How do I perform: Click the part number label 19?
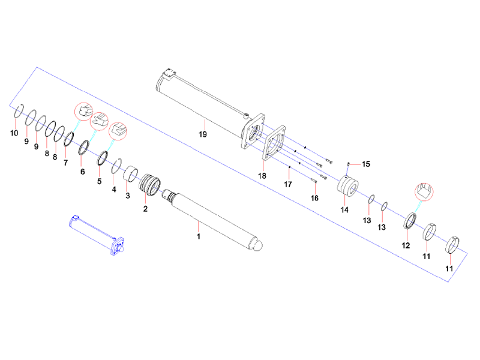tap(203, 134)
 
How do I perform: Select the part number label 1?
tap(199, 236)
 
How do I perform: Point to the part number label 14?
tap(344, 209)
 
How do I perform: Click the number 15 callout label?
tap(365, 164)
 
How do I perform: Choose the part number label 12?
tap(406, 245)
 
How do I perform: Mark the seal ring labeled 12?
tap(411, 220)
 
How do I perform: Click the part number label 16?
tap(314, 197)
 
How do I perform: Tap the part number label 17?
tap(287, 184)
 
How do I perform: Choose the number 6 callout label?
tap(83, 171)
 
